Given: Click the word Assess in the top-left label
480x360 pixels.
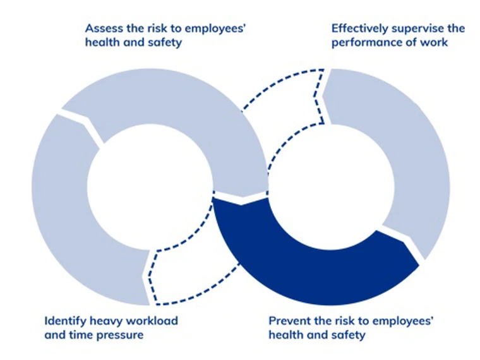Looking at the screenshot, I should (104, 28).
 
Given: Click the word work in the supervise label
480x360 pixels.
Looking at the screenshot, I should (434, 42).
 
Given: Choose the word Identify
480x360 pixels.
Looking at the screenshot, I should (65, 321).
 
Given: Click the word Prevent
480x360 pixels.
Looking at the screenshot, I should (289, 321).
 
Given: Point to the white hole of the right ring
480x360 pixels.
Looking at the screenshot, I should (328, 183).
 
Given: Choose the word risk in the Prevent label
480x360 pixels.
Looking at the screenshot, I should (344, 321).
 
